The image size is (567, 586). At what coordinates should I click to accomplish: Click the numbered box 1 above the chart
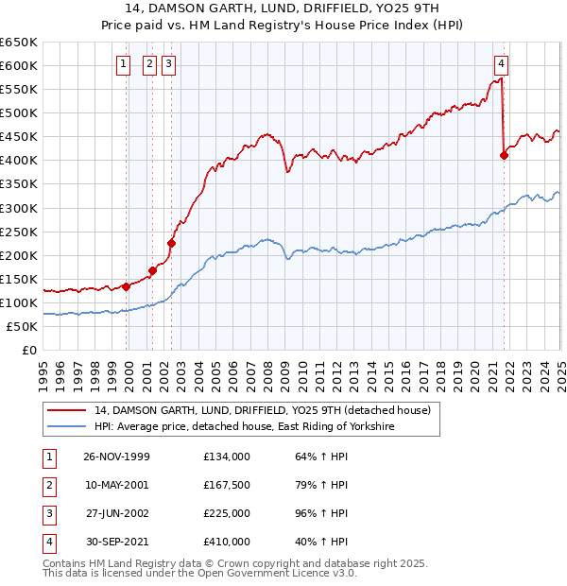[124, 64]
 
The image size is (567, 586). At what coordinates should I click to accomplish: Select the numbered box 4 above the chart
[501, 64]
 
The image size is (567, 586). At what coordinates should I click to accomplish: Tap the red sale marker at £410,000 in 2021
[504, 156]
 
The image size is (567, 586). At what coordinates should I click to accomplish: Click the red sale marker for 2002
[171, 243]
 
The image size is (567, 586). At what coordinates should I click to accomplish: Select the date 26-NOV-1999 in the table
[116, 457]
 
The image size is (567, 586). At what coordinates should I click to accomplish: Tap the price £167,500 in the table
[226, 485]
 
